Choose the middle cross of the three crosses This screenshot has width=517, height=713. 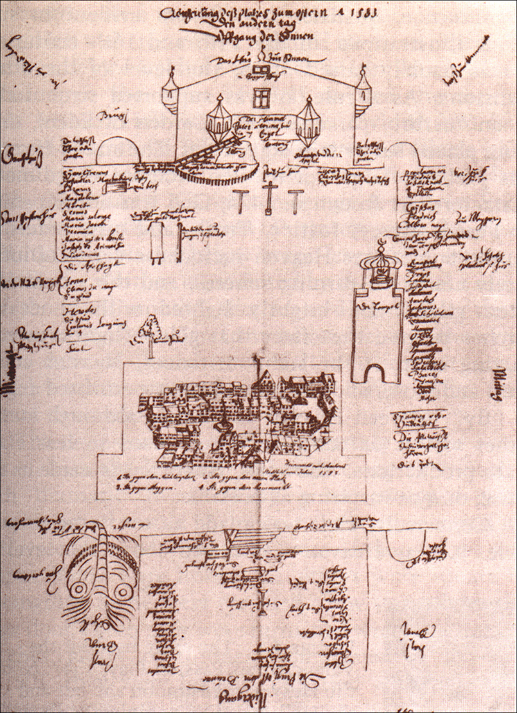click(269, 199)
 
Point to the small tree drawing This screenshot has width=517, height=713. click(150, 330)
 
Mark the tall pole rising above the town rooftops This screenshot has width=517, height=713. click(257, 375)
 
